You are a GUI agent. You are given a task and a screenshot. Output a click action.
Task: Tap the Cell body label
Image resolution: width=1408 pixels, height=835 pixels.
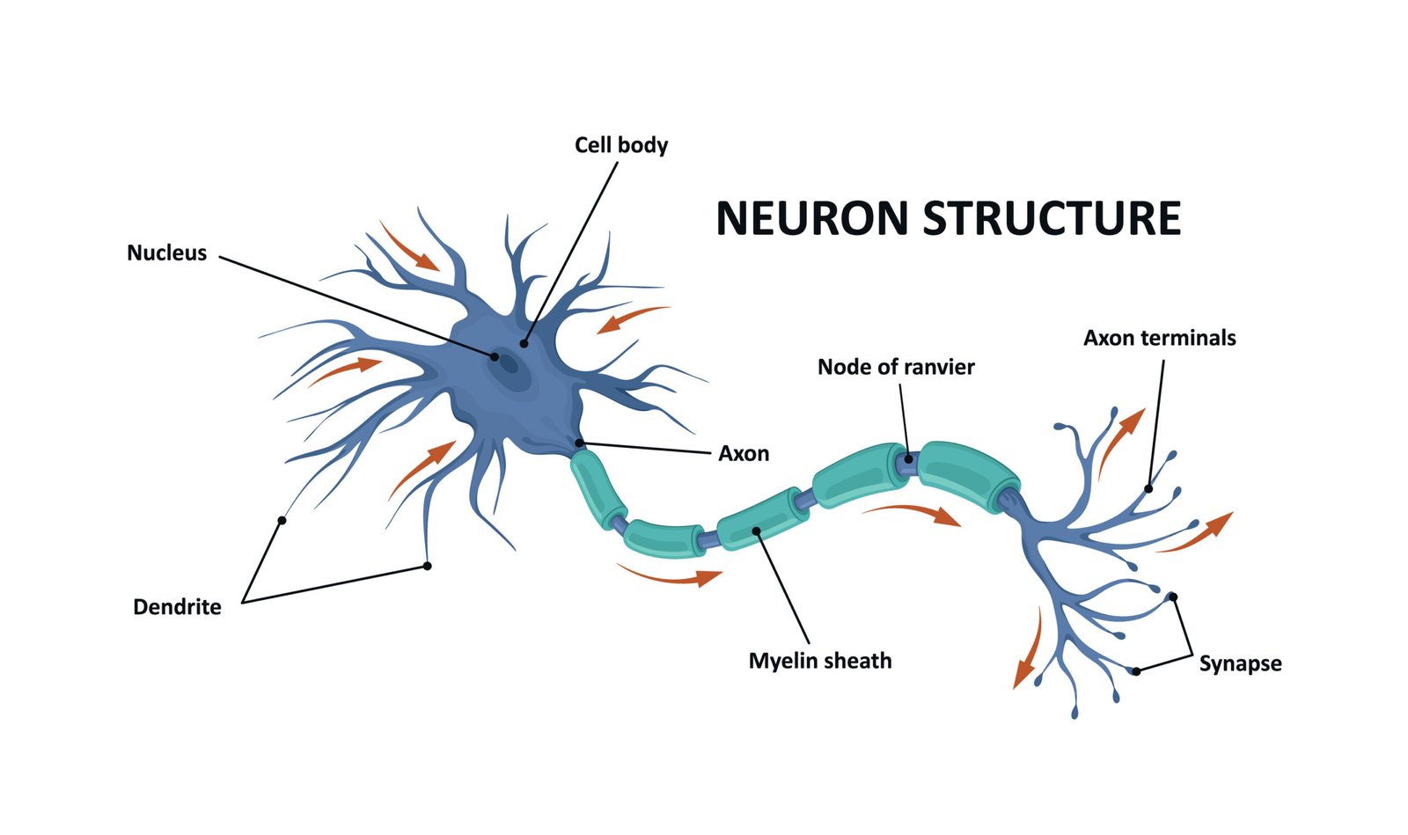(620, 145)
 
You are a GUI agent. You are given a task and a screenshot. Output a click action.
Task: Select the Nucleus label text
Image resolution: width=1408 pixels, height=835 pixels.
(166, 253)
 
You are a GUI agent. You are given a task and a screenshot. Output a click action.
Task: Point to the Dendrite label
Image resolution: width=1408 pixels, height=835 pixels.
(177, 607)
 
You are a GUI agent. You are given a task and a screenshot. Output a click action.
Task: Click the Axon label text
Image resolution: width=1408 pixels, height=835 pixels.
(744, 454)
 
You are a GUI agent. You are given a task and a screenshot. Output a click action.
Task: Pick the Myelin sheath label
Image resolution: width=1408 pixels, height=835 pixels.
(819, 661)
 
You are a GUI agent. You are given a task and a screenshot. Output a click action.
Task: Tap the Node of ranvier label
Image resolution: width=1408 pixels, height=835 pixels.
(896, 367)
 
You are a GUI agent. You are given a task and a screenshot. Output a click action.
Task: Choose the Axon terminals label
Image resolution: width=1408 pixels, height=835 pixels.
(1159, 338)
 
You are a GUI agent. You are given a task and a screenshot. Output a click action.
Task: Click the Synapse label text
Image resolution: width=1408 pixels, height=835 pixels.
(1240, 663)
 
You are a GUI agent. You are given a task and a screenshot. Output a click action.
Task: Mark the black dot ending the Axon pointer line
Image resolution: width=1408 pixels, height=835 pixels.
(579, 443)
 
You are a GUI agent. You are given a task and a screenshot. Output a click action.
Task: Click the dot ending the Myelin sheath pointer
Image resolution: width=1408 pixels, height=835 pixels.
(757, 531)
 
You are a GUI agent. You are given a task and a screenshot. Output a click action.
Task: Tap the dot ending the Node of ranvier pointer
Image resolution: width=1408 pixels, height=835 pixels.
(909, 459)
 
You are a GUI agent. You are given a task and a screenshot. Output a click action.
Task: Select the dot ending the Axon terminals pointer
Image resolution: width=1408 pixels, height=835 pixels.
(1148, 488)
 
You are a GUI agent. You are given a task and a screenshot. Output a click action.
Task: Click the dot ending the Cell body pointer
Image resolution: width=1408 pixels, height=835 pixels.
(524, 343)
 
